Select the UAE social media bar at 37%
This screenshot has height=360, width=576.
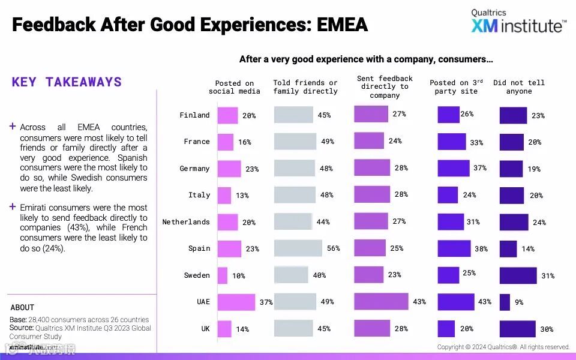tap(236, 302)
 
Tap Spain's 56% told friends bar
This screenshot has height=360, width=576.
tap(298, 248)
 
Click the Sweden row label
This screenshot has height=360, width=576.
tap(197, 275)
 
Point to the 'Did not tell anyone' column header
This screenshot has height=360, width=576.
tap(519, 87)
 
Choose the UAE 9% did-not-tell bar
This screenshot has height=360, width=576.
tap(505, 302)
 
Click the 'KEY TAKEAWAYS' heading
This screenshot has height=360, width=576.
tap(67, 82)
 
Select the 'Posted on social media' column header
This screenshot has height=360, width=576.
tap(235, 87)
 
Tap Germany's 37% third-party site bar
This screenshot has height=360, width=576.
tap(453, 168)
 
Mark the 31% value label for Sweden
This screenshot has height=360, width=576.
tap(548, 276)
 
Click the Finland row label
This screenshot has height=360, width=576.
tap(194, 115)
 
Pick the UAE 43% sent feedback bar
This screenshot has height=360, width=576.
tap(381, 301)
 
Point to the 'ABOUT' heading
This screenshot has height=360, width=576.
tap(22, 307)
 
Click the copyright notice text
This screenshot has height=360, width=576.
tap(503, 347)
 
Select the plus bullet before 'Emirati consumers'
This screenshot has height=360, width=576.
tap(13, 206)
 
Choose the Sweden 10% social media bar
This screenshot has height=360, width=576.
tap(223, 275)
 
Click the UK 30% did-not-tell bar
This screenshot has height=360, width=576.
tap(517, 329)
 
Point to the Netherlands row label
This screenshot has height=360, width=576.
tap(186, 222)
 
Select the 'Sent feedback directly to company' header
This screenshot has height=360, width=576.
tap(385, 87)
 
